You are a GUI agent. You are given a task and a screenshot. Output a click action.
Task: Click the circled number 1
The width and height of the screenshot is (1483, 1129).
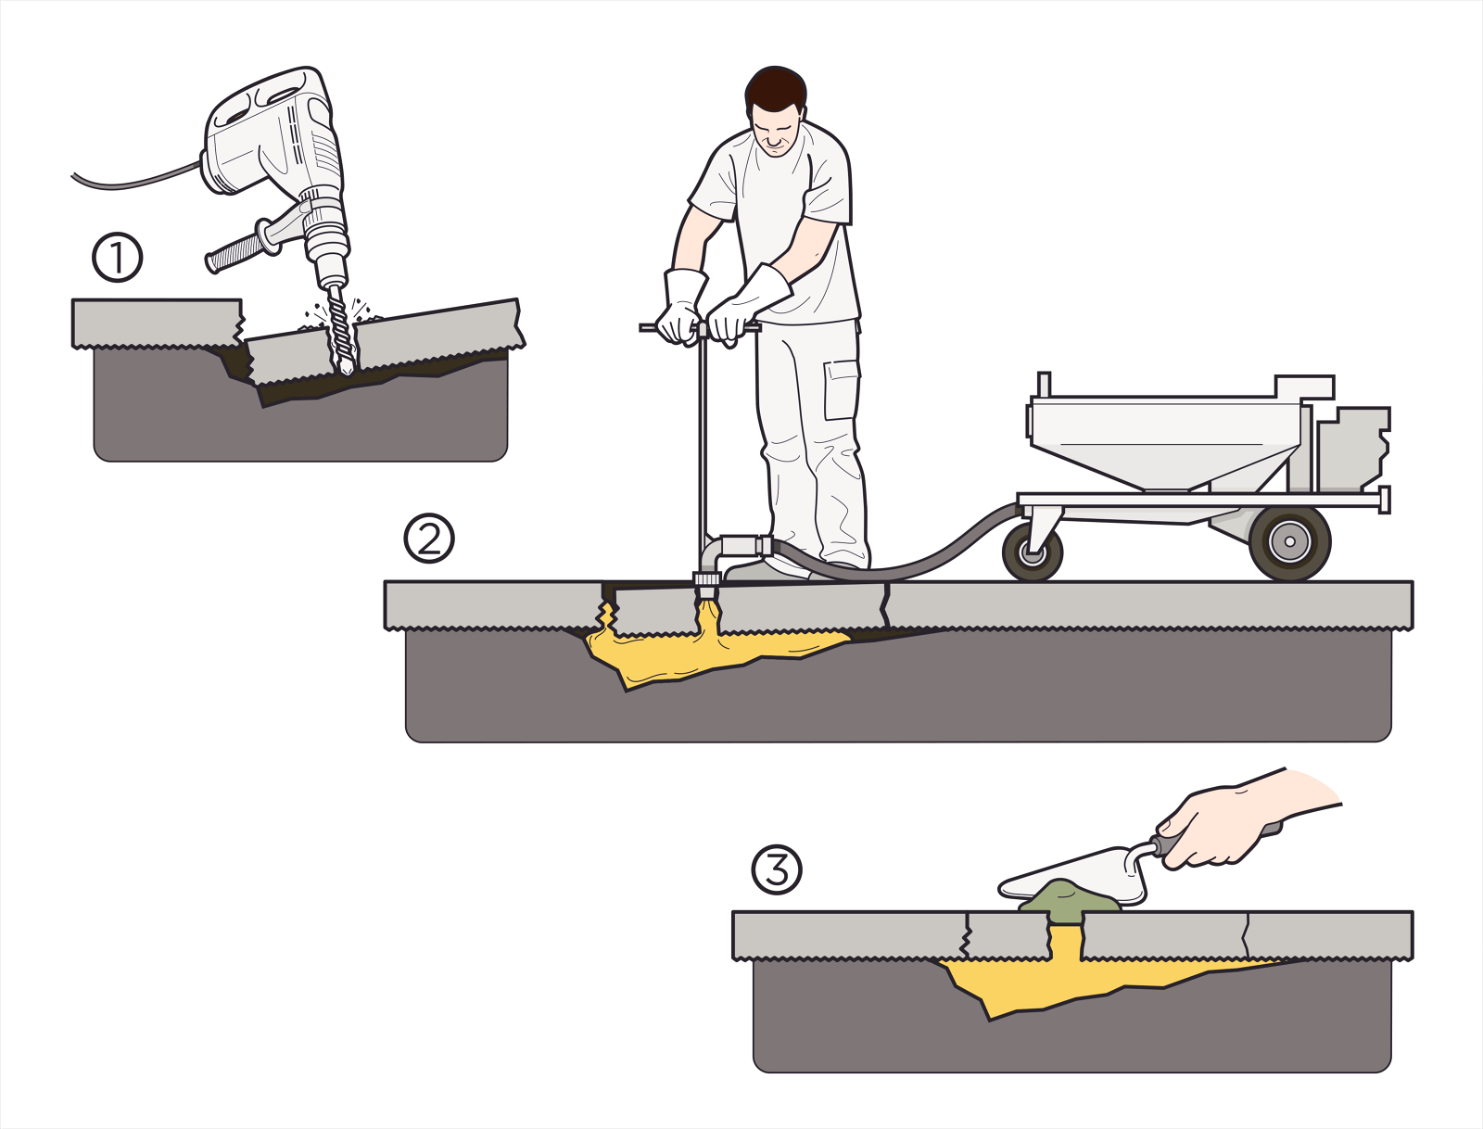(118, 258)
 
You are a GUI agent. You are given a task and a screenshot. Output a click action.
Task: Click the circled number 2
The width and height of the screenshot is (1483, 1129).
(429, 538)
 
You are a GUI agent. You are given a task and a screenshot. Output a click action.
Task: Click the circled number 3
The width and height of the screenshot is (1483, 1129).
(776, 869)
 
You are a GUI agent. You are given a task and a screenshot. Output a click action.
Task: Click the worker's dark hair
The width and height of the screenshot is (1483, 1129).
(775, 89)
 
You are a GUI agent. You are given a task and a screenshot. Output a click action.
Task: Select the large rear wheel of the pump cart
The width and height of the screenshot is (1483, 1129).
(1289, 543)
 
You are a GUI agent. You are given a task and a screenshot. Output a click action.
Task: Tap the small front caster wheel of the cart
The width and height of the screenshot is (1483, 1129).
(1032, 552)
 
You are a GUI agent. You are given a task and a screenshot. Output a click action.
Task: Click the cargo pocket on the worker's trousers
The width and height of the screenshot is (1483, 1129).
(842, 389)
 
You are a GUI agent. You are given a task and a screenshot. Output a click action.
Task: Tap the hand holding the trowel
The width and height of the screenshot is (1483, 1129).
(1214, 825)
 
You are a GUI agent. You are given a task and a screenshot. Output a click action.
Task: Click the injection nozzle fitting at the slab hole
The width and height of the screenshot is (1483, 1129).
(706, 583)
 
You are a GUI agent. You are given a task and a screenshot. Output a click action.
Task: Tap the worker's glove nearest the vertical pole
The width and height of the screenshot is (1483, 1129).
(681, 306)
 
